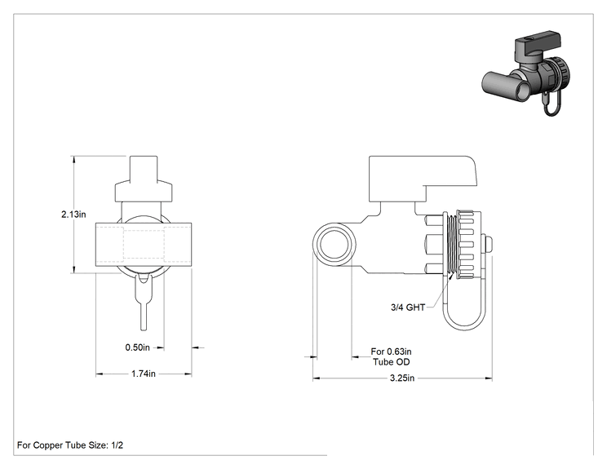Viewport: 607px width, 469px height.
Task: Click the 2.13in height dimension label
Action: (x=73, y=214)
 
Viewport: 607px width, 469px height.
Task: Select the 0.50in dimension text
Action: (x=137, y=347)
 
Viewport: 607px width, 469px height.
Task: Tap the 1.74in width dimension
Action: (x=144, y=374)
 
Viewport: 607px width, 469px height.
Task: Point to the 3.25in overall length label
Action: (x=402, y=378)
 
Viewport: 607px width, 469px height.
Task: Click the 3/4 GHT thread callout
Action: (x=408, y=308)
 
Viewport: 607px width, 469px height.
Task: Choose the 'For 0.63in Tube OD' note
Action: (x=391, y=356)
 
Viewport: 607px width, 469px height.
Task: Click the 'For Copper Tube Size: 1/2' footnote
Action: (x=70, y=445)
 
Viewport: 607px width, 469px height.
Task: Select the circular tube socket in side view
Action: (x=335, y=245)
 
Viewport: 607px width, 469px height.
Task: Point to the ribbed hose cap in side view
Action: (x=468, y=245)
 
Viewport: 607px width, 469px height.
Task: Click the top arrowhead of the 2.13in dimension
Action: (x=73, y=159)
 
